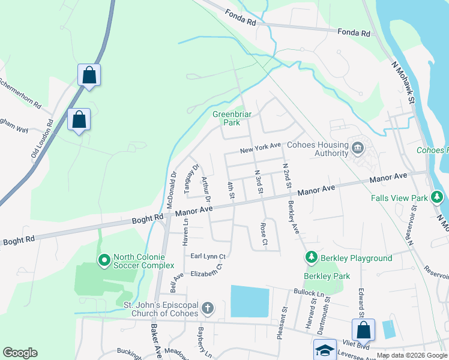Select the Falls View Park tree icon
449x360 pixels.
pos(438,197)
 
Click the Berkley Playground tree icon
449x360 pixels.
pos(311,257)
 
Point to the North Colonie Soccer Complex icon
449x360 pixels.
pos(104,260)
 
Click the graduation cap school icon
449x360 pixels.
pos(325,351)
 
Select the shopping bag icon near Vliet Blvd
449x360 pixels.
pos(363,330)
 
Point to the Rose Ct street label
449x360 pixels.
pos(264,234)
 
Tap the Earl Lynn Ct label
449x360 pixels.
pos(207,256)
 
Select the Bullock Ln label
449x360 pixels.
pos(309,293)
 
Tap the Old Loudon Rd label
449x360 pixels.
pos(42,139)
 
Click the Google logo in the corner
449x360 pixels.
pos(20,353)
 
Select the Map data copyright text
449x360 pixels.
pos(412,355)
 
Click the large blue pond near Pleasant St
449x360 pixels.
pos(250,301)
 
